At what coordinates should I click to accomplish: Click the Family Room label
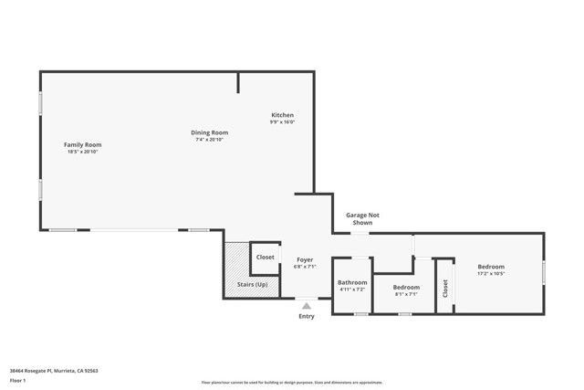[82, 144]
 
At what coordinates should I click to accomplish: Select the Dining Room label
[209, 132]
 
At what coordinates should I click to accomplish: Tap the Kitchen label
[282, 115]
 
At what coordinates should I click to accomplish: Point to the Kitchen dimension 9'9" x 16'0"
[282, 122]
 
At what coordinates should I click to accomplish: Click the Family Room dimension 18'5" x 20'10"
[82, 152]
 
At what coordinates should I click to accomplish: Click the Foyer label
[305, 259]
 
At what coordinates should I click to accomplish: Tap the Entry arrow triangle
[307, 306]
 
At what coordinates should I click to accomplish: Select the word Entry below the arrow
[307, 316]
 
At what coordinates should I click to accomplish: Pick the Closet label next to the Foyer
[265, 258]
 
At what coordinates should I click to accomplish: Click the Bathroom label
[352, 282]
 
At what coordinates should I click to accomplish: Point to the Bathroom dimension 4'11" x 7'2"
[352, 290]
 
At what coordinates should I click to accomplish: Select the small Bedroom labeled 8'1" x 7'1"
[406, 287]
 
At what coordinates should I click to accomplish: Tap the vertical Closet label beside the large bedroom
[445, 289]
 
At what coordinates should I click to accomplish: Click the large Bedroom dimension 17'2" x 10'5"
[491, 274]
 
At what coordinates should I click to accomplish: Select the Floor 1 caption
[17, 381]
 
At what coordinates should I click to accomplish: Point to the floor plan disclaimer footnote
[292, 383]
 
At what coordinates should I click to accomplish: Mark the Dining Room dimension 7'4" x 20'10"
[209, 140]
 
